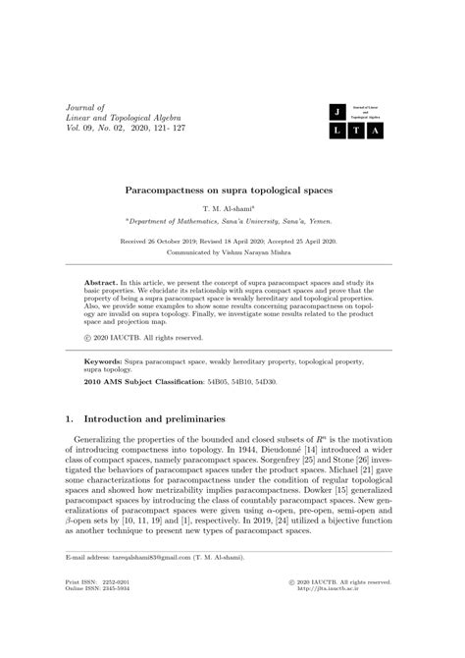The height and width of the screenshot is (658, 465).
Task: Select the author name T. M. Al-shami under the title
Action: point(231,210)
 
